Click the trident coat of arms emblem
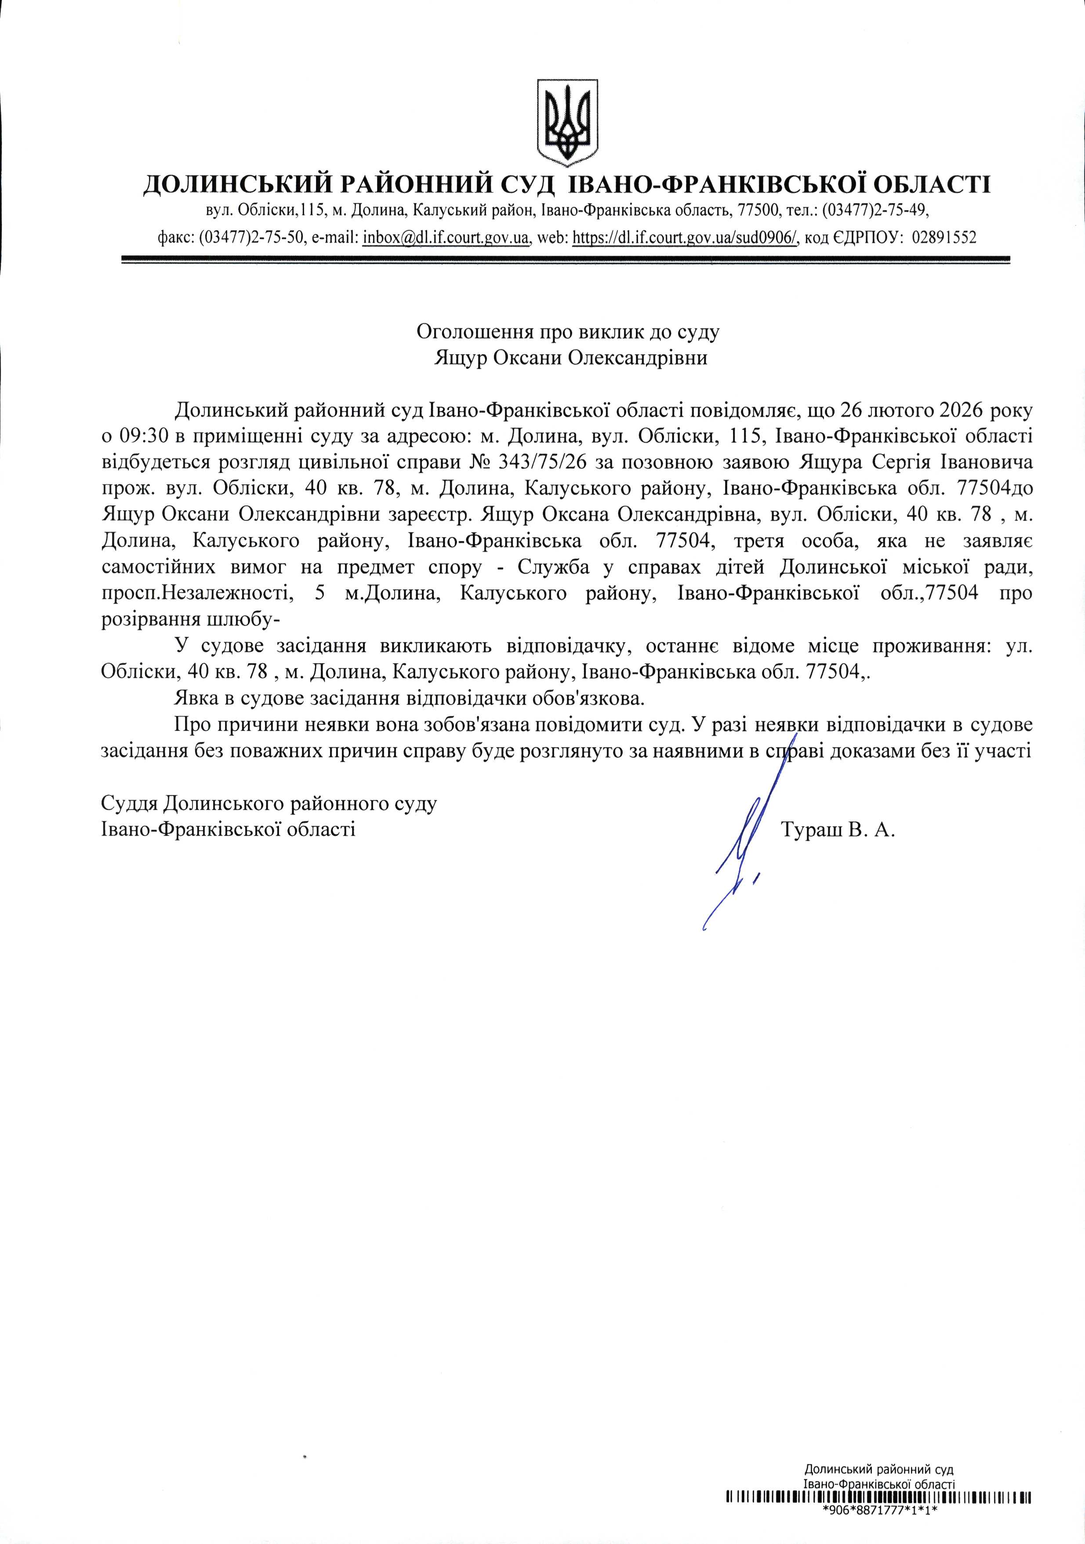coord(567,121)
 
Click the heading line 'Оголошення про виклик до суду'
coord(568,331)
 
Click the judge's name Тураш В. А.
coord(839,830)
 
